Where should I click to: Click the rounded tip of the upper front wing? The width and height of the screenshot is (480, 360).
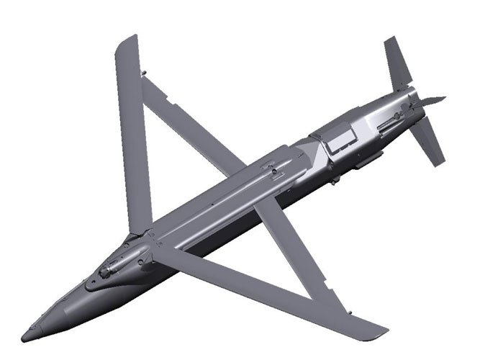(x=127, y=41)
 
